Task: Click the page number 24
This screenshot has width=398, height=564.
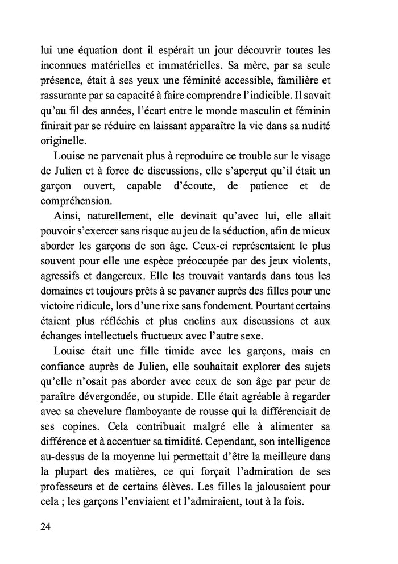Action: point(46,526)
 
